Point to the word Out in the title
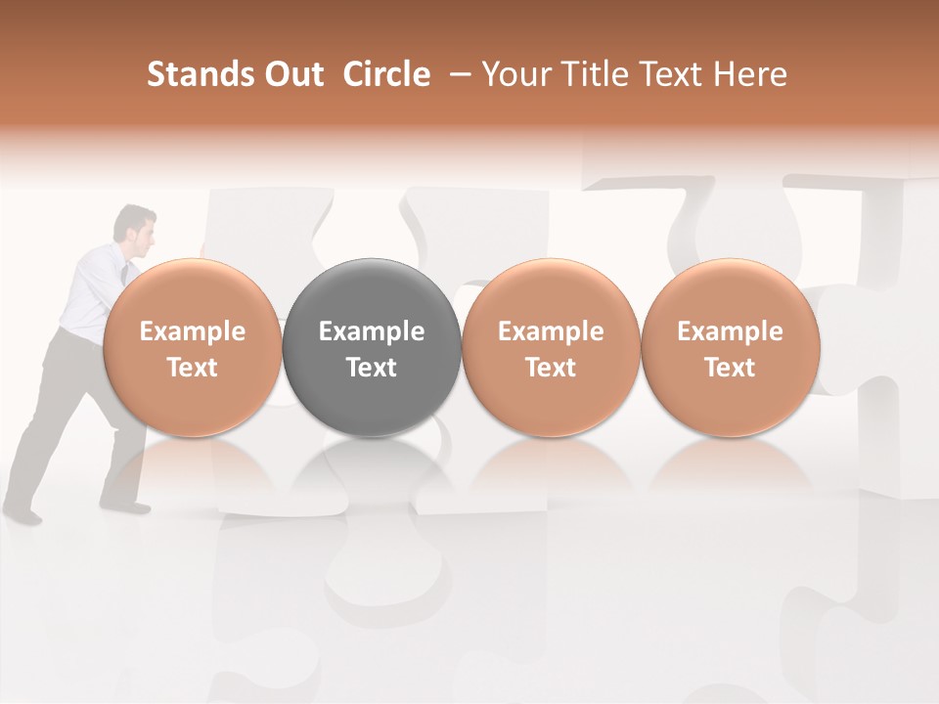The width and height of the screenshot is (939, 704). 294,74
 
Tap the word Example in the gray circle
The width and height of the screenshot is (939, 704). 372,331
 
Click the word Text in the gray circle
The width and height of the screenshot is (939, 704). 372,368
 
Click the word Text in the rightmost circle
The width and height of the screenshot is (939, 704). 730,368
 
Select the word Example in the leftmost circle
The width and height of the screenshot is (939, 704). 192,331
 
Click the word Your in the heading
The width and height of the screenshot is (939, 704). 516,74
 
